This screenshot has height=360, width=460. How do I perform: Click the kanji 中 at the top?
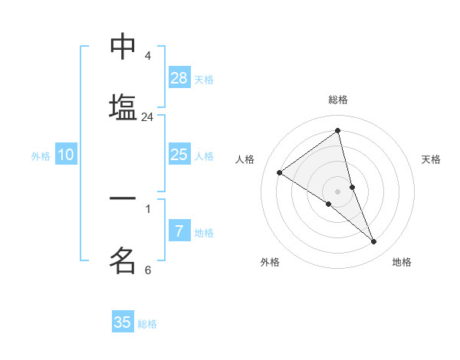coord(123,47)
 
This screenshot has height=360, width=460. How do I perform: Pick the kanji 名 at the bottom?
coord(123,260)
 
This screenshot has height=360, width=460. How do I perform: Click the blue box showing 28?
coord(179,77)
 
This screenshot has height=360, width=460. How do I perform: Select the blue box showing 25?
coord(179,155)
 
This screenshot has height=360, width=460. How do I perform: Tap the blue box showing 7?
coord(179,231)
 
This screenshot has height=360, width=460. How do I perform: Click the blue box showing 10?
coord(66,155)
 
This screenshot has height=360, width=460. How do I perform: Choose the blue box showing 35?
coord(123,322)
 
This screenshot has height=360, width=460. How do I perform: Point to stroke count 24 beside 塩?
coord(147,117)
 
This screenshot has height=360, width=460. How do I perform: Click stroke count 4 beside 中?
coord(147,56)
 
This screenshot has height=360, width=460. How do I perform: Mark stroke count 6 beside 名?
coord(147,270)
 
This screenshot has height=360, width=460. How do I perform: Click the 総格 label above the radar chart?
coord(338,100)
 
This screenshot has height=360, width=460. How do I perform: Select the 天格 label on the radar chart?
coord(431,159)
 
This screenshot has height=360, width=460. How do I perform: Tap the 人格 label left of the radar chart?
coord(245,159)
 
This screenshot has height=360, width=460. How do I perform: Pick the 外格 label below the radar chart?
coord(270,262)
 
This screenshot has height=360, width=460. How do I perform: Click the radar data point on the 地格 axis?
coord(373,241)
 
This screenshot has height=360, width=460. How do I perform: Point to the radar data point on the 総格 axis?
coord(338,130)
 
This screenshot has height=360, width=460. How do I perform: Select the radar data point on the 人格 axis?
coord(280,172)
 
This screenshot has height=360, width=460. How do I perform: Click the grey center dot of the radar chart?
coord(338,191)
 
